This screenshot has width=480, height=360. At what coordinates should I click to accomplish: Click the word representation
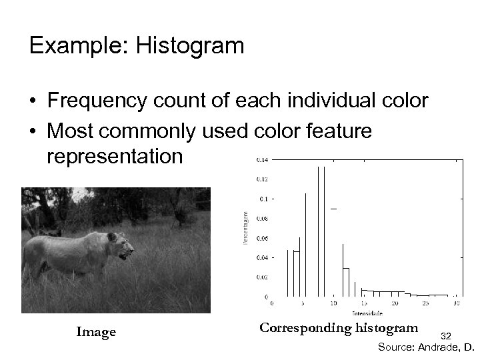pos(114,157)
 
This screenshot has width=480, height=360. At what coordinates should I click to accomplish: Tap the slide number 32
pos(446,336)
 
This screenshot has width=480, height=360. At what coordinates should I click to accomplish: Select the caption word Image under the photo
pos(96,332)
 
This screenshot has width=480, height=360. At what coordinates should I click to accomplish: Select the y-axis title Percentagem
pos(245,227)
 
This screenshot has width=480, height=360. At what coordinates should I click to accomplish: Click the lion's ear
pos(112,237)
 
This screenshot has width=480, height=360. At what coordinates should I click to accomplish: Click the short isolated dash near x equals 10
pos(333,209)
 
